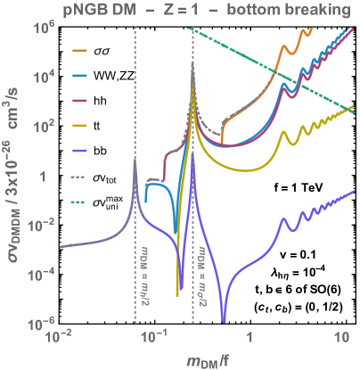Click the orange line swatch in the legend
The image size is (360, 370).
click(79, 50)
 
